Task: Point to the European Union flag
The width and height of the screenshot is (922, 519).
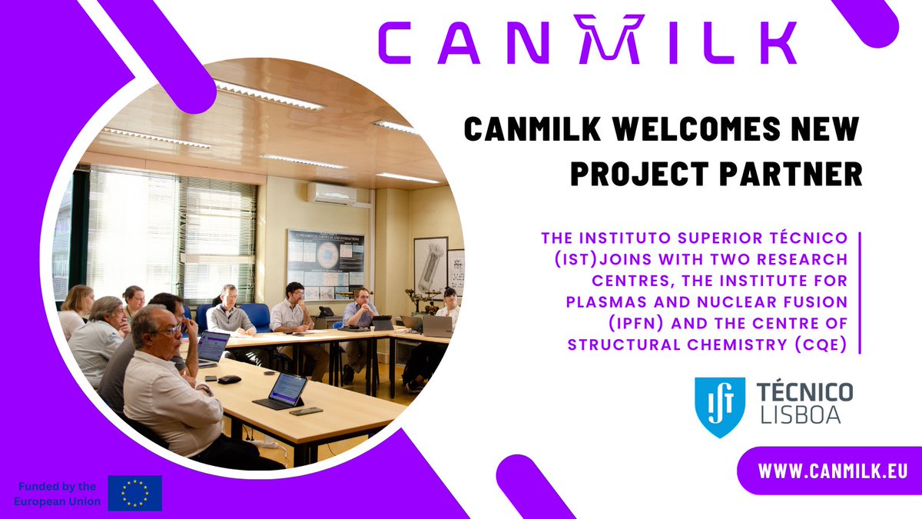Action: pyautogui.click(x=134, y=493)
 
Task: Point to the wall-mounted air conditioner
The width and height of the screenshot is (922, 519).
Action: pyautogui.click(x=332, y=192)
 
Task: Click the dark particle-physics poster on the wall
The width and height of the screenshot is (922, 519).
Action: pyautogui.click(x=325, y=261)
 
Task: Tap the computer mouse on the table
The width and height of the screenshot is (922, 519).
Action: pyautogui.click(x=229, y=379)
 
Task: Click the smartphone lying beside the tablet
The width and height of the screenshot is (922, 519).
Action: pyautogui.click(x=307, y=411)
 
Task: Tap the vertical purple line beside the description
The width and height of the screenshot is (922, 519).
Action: pyautogui.click(x=858, y=292)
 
